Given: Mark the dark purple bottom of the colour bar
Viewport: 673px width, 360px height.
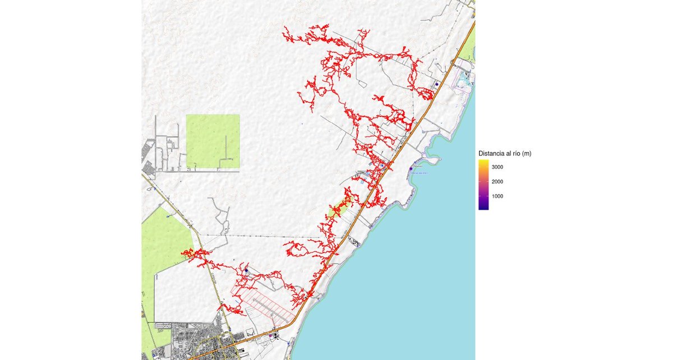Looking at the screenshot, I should click(483, 207).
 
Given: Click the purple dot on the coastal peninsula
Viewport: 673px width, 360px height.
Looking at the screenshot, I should click(411, 168).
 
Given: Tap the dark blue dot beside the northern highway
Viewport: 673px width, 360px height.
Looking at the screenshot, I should click(436, 84).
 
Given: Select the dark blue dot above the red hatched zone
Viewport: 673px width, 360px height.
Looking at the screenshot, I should click(246, 270).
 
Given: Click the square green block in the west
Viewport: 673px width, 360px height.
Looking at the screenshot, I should click(213, 141).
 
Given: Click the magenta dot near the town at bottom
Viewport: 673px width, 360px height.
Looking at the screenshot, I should click(271, 335).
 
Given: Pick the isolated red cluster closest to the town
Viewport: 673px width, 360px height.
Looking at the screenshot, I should click(228, 308).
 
